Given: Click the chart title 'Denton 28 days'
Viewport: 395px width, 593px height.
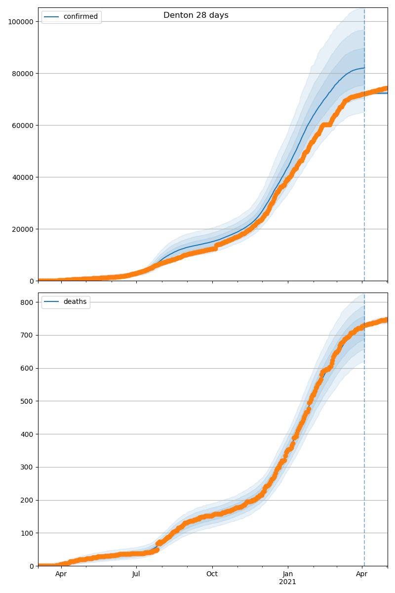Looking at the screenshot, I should click(x=196, y=15).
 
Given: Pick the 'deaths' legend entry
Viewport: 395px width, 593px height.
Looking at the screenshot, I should click(x=75, y=302).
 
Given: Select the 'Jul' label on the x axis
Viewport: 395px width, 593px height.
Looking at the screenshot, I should click(x=136, y=574).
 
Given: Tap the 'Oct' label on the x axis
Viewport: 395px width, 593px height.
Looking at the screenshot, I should click(x=212, y=574).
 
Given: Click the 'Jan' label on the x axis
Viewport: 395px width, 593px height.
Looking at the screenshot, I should click(x=287, y=574).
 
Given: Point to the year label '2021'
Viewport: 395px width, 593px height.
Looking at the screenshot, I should click(x=287, y=582).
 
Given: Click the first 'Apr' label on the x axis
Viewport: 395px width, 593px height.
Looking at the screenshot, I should click(x=61, y=574).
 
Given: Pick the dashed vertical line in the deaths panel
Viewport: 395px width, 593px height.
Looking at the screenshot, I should click(x=364, y=445).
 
